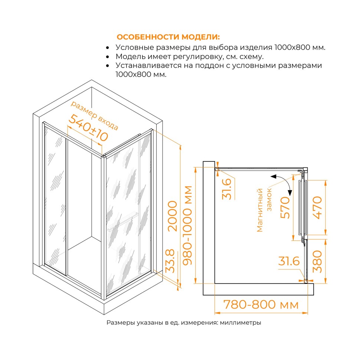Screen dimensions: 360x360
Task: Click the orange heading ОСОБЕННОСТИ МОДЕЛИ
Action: click(x=168, y=37)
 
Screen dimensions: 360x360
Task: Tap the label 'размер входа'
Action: click(x=95, y=115)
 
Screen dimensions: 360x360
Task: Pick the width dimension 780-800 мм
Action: click(x=261, y=305)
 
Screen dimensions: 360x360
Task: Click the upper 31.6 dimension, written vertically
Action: click(x=227, y=189)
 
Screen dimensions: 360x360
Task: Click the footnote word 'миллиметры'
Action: click(x=240, y=323)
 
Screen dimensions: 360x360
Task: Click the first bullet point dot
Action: click(x=108, y=48)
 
